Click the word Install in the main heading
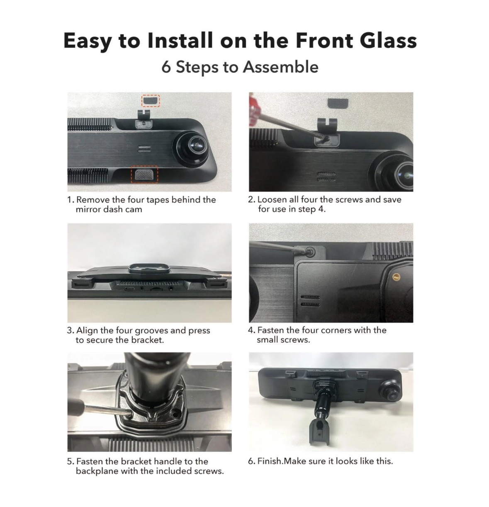(180, 41)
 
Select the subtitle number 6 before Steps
(166, 67)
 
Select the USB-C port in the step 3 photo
(129, 289)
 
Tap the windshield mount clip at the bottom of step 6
(319, 432)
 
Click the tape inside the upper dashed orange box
(151, 101)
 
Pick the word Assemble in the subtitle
(280, 67)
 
